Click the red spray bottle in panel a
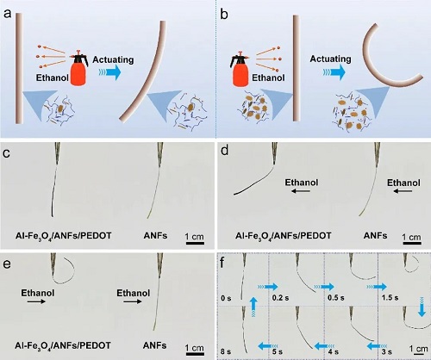coord(78,68)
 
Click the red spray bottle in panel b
coord(240,69)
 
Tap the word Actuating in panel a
coord(113,59)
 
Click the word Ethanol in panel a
coord(53,78)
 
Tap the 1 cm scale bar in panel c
coord(195,244)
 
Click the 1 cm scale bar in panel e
coord(195,354)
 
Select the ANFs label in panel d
coord(375,236)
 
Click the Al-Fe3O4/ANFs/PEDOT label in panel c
coord(63,236)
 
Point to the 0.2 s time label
coord(280,298)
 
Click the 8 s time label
coord(226,351)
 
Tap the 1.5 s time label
coord(390,297)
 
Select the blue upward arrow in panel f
coord(253,307)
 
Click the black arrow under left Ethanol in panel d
coord(301,190)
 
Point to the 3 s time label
coord(386,351)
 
